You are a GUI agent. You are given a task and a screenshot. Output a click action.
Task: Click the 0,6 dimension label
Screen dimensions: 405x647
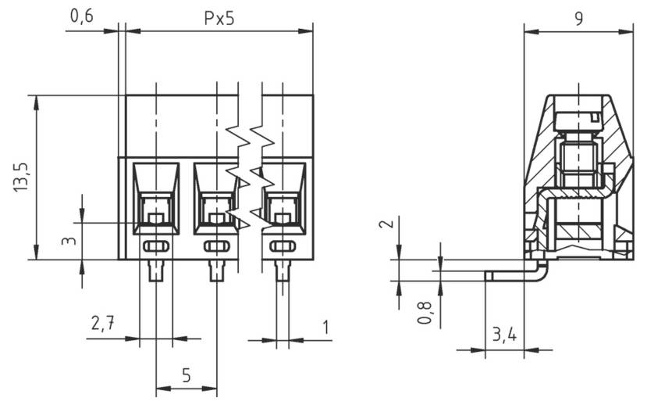click(81, 16)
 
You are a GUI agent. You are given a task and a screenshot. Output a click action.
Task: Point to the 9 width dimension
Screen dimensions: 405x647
click(579, 19)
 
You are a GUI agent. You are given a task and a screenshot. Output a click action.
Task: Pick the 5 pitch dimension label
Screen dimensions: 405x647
click(187, 375)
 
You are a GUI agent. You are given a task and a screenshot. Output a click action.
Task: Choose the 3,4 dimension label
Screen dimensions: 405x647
click(504, 336)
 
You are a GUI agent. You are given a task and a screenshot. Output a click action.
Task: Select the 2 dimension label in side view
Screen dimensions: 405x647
click(383, 228)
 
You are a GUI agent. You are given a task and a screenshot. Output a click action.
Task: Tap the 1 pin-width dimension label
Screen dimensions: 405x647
click(325, 325)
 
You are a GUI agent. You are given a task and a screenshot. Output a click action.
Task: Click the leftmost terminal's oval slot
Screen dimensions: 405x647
click(156, 247)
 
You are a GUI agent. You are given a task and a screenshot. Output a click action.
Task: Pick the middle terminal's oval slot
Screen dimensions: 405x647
click(216, 247)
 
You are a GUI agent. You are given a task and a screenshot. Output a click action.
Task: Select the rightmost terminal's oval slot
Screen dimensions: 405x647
click(282, 247)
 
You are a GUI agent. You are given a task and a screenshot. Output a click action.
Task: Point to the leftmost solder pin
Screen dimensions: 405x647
click(156, 271)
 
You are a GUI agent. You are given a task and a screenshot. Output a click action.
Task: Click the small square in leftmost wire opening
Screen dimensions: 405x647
click(156, 218)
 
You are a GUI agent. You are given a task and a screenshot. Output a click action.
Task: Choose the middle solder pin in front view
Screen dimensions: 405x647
click(216, 271)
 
